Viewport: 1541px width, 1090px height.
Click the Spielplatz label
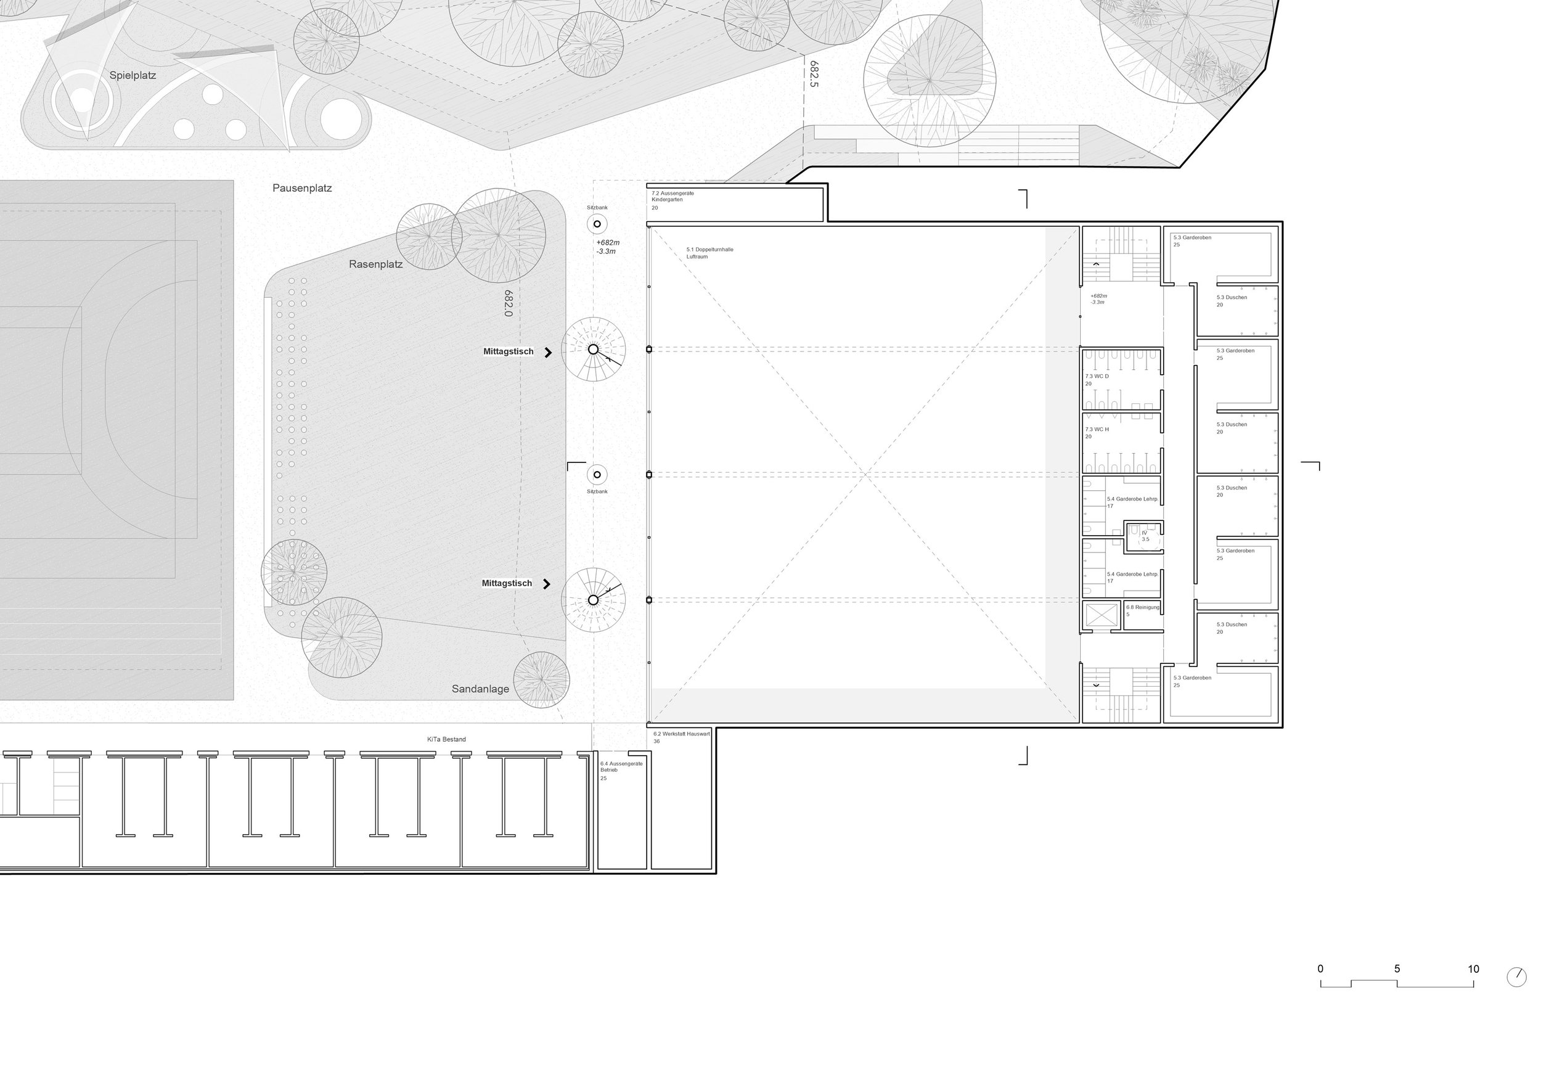pos(133,75)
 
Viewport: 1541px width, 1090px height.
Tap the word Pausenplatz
pos(302,188)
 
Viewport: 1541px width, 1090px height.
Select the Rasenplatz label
pos(376,264)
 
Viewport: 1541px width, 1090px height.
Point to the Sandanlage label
pos(481,689)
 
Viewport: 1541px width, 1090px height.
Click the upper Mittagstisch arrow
pos(549,353)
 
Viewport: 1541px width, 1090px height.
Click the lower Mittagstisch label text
pos(507,583)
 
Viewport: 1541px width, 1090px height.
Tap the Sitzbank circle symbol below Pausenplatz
pos(597,224)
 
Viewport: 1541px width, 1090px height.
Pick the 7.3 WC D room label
pos(1097,377)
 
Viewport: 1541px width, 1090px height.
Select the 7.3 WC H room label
pos(1097,430)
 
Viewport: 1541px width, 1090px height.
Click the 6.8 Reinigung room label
pos(1142,607)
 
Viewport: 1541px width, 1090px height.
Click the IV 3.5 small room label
pos(1145,536)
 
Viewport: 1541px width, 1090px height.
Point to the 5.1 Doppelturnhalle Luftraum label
pos(709,253)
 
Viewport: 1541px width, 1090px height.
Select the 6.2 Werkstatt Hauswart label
pos(681,734)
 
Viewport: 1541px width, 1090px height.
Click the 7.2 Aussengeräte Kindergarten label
pos(672,197)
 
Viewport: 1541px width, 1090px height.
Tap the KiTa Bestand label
pos(446,740)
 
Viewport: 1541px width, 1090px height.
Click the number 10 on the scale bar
pos(1473,969)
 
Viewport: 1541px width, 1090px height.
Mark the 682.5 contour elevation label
pos(814,75)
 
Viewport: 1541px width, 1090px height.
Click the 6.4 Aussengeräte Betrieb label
pos(621,767)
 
